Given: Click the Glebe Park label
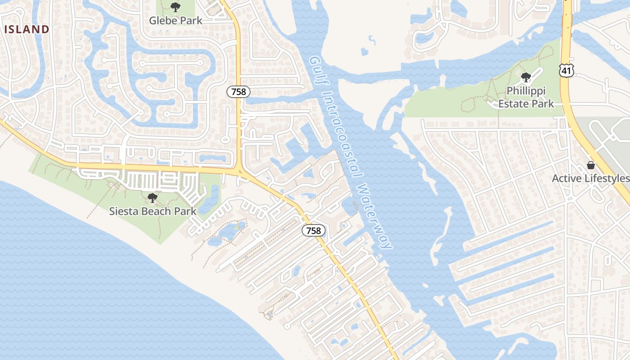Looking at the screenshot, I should click(175, 20).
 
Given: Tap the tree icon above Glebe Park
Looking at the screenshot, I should click(175, 7).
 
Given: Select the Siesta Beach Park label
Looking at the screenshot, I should click(153, 211).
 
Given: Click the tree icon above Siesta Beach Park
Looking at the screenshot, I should click(153, 198).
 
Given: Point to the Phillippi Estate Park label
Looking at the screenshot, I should click(526, 97).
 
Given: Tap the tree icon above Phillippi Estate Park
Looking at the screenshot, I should click(526, 78).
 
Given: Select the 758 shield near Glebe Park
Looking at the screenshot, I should click(238, 92).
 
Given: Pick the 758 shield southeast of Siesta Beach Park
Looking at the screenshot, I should click(313, 231).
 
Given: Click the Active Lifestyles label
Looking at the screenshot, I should click(590, 178).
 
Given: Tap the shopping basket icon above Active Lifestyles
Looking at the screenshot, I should click(590, 165).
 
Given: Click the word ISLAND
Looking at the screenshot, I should click(27, 30).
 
